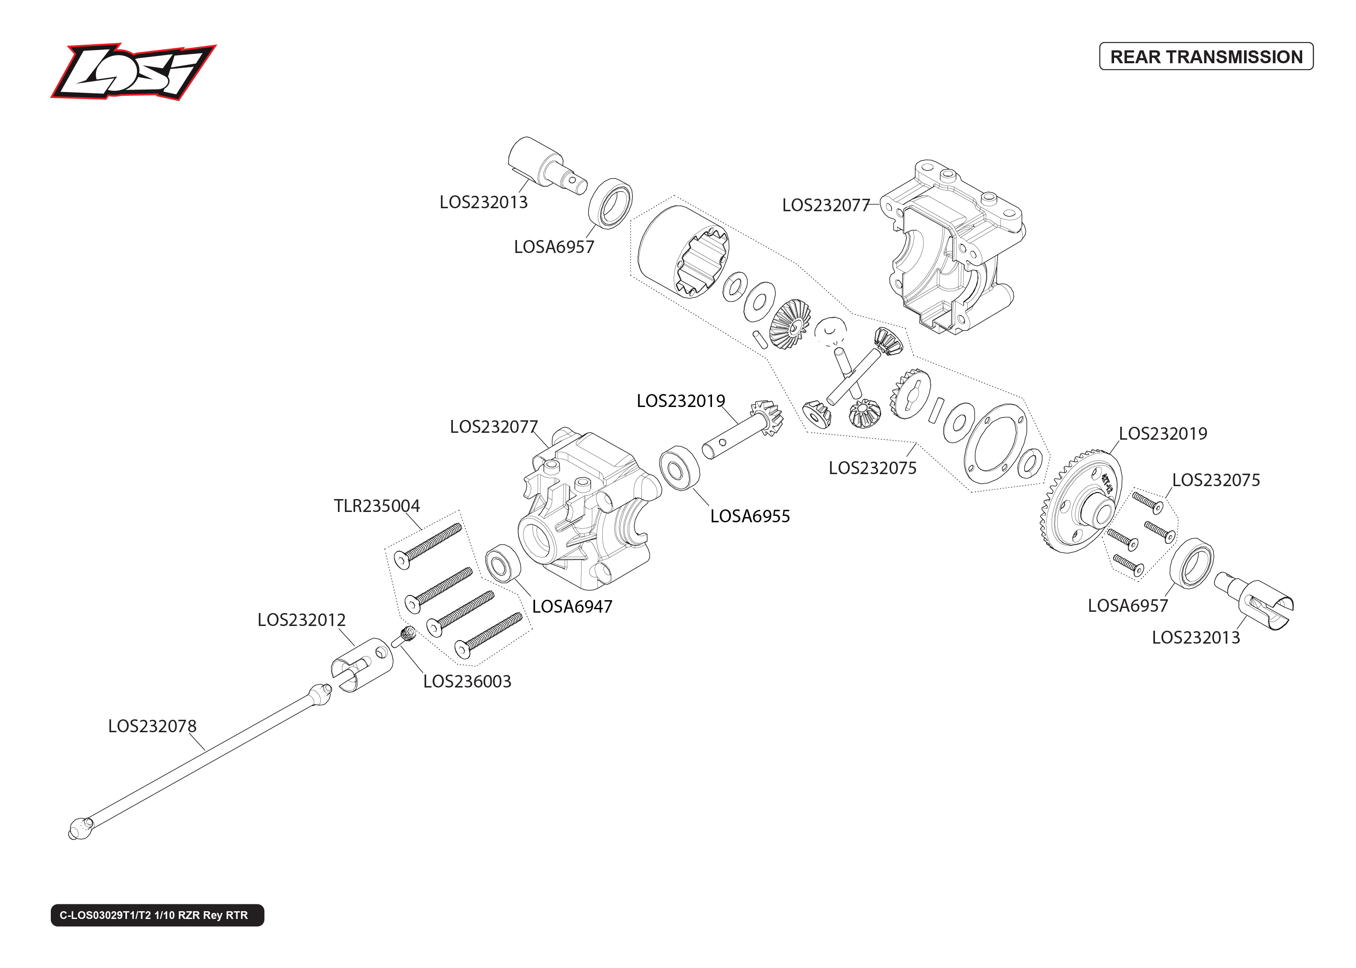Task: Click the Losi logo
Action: (x=133, y=71)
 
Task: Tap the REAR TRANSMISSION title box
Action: (x=1205, y=57)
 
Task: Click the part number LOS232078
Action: (x=152, y=726)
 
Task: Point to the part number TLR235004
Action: (x=376, y=506)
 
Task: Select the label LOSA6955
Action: (x=749, y=516)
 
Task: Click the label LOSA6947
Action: (x=572, y=607)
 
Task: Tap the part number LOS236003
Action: (x=467, y=681)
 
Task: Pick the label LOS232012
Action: (x=301, y=620)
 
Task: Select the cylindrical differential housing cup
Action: (x=680, y=250)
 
